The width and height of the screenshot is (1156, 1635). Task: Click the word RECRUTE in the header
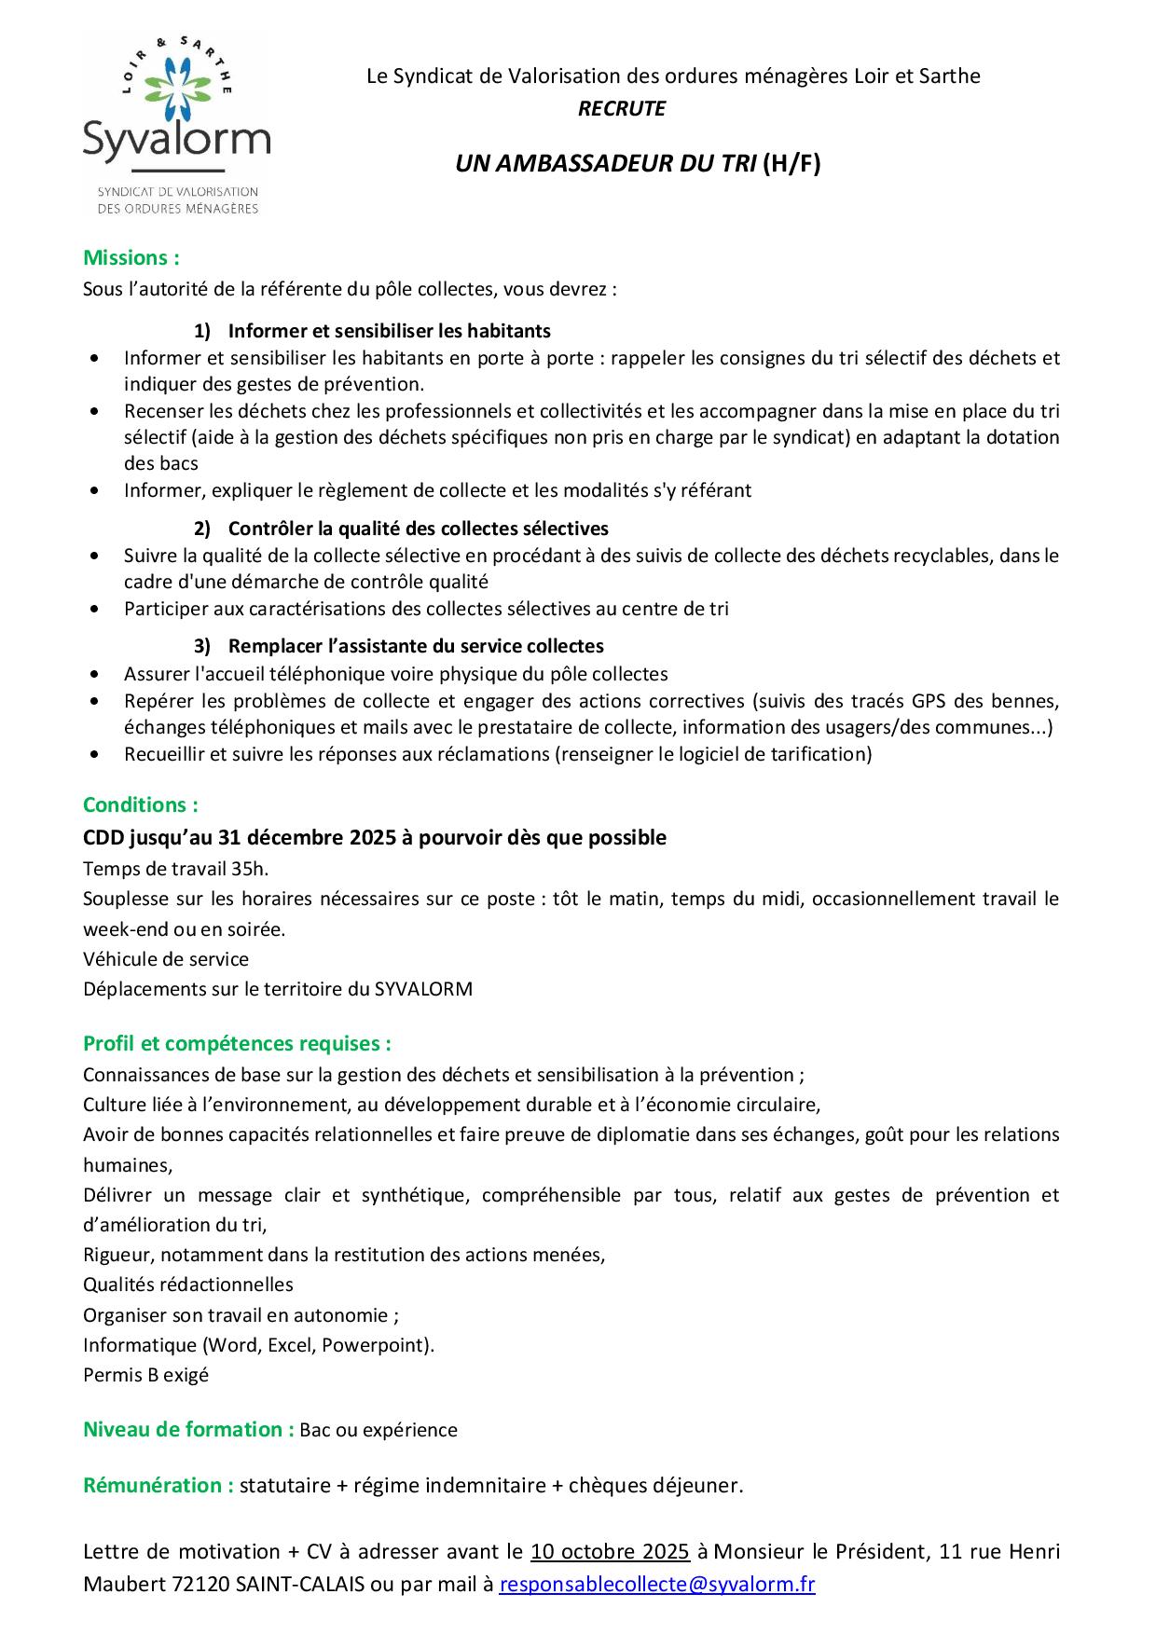pos(621,109)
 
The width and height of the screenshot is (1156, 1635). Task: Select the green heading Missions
pos(131,257)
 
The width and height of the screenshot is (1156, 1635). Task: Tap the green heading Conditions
pos(141,804)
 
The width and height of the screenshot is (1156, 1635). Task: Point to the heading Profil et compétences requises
pos(237,1043)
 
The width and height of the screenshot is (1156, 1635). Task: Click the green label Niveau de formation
pos(188,1429)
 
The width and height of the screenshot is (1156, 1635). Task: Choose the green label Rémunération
pos(158,1485)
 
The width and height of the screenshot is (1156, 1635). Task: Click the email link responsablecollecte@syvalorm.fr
pos(657,1585)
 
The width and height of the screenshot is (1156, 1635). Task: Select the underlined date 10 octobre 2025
pos(610,1551)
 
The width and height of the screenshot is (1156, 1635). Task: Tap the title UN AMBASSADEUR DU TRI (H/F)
pos(638,164)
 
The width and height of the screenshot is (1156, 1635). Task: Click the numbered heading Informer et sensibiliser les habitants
pos(389,331)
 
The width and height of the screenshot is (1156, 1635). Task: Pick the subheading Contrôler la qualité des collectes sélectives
pos(418,529)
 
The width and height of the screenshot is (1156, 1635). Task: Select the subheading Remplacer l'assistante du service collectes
pos(416,646)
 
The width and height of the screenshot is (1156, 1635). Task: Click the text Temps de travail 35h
pos(175,869)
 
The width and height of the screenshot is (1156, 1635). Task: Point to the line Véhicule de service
pos(166,959)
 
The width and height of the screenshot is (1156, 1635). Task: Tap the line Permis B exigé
pos(145,1375)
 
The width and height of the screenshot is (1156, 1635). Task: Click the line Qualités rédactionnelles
pos(188,1285)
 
